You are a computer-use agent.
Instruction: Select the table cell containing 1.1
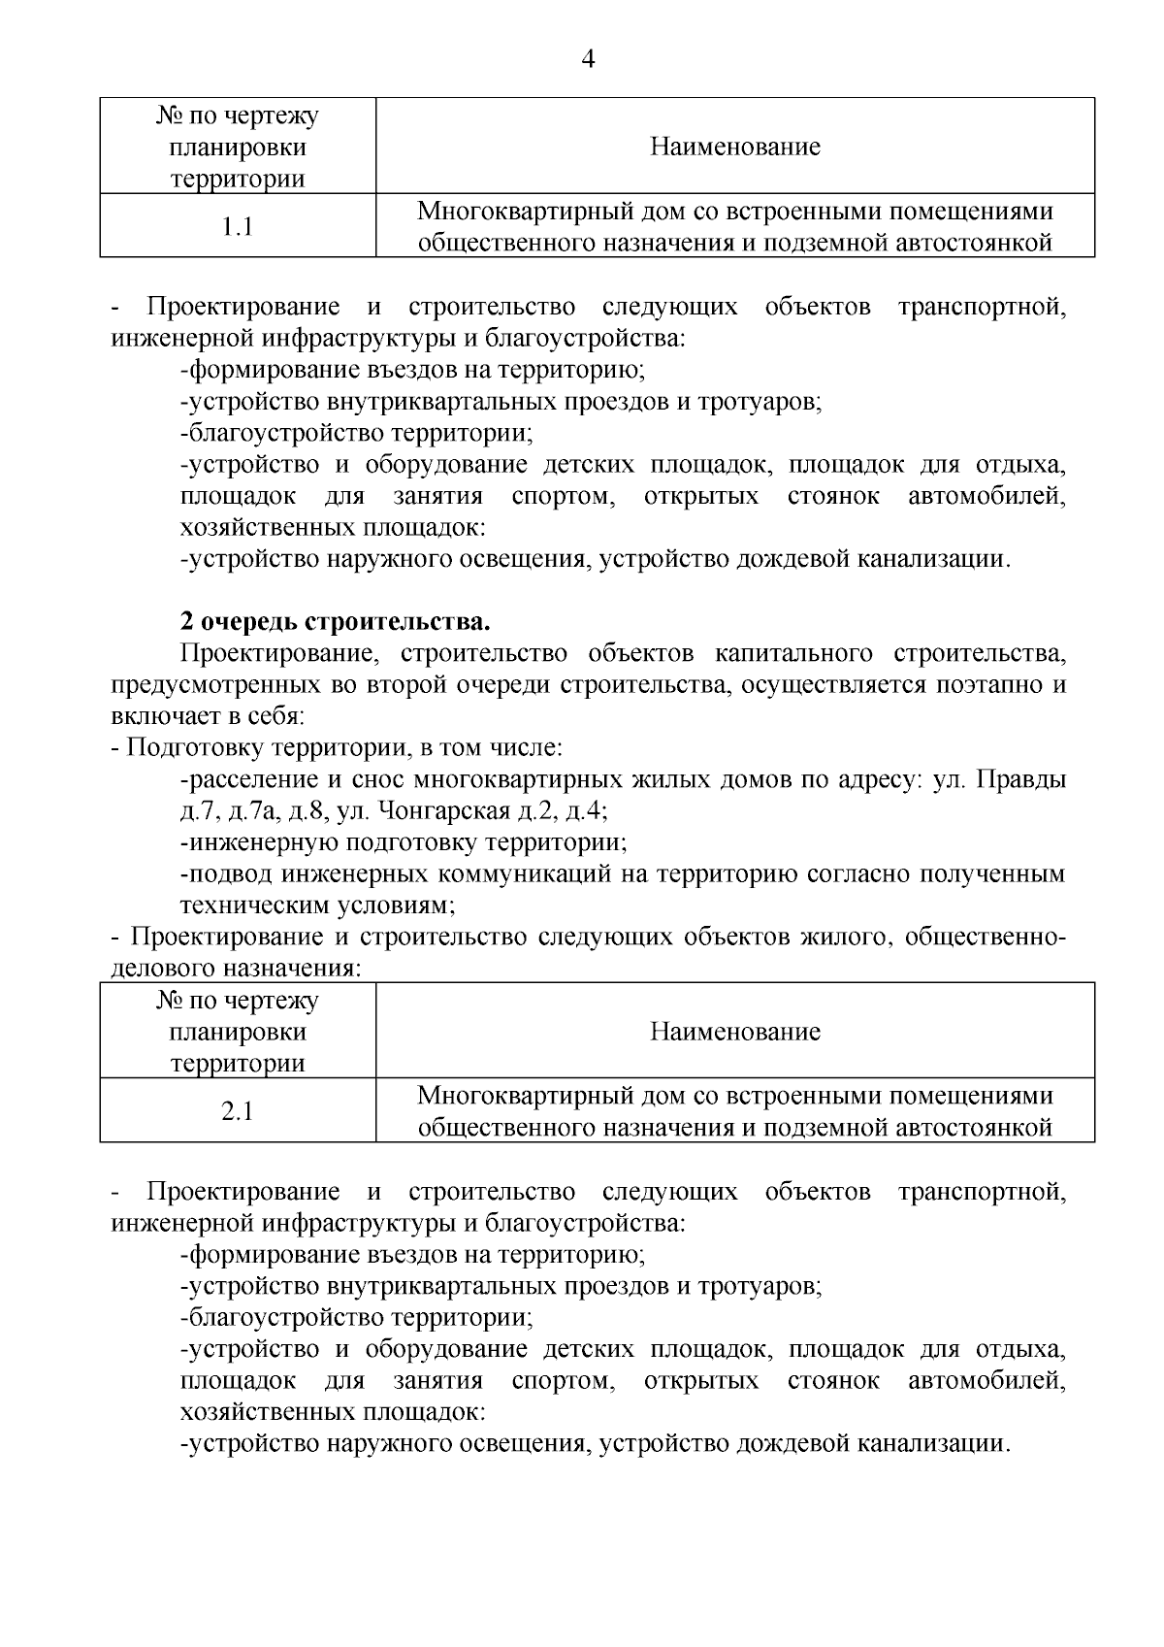click(237, 227)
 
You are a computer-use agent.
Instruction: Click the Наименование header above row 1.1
click(734, 147)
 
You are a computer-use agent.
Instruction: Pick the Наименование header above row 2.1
click(734, 1031)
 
